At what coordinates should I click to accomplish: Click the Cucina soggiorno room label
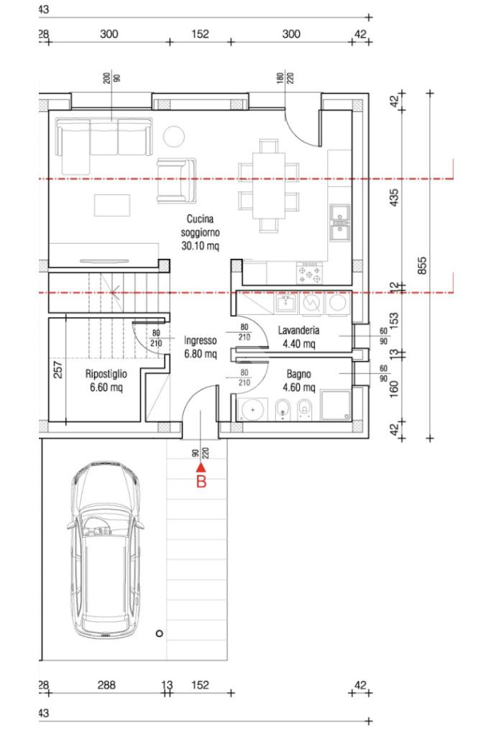[201, 232]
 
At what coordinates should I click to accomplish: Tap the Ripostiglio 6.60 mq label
[106, 381]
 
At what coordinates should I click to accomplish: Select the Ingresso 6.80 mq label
[201, 347]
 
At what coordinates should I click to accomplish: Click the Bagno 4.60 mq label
[298, 381]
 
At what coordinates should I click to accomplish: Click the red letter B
[201, 482]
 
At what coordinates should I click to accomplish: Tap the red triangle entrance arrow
[201, 467]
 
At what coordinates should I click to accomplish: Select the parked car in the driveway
[106, 550]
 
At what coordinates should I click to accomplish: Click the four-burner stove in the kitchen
[309, 272]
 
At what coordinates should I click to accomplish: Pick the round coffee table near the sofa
[174, 137]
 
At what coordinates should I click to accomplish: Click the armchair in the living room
[176, 180]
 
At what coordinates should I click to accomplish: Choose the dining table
[268, 185]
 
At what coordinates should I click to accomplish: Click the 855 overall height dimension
[421, 266]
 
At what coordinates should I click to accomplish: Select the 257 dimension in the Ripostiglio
[58, 370]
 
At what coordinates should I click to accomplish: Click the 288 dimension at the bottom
[106, 685]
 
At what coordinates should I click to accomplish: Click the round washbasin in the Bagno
[252, 410]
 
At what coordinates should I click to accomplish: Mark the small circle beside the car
[159, 633]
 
